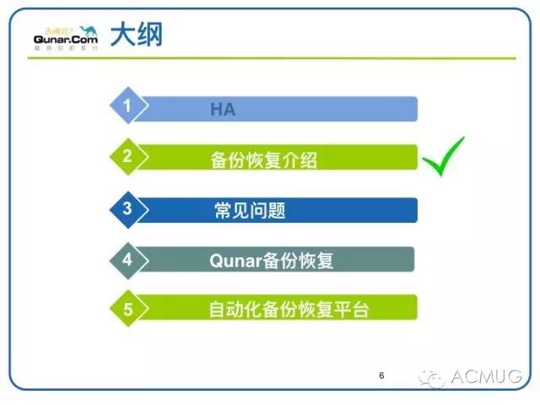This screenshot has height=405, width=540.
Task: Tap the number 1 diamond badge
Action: tap(127, 106)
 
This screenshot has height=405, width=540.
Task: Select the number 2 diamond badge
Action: tap(127, 156)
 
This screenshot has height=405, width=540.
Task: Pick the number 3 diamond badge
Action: tap(127, 208)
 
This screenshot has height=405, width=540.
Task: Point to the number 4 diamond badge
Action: tap(127, 259)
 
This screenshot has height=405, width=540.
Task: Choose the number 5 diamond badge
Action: tap(127, 309)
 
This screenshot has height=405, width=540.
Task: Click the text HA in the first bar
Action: tap(223, 109)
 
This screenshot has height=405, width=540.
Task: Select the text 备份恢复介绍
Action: tap(263, 159)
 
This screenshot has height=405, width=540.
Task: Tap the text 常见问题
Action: tap(250, 210)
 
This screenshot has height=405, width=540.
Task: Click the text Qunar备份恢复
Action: tap(272, 261)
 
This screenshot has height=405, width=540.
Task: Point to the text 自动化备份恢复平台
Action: tap(289, 310)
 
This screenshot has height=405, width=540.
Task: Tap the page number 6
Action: tap(381, 375)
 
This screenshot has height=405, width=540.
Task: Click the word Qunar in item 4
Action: tap(231, 261)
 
